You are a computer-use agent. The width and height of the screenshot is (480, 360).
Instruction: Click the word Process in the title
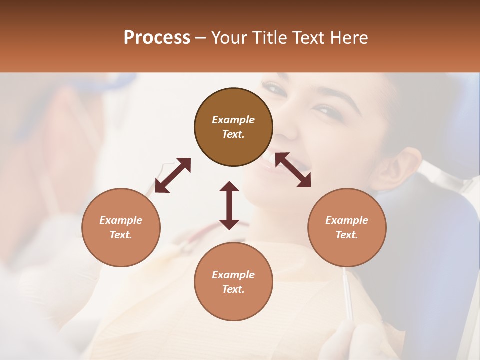coord(157,38)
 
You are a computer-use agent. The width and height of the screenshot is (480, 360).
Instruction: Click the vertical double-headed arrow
coord(229,205)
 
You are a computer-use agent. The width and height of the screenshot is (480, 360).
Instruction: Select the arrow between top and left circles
coord(173,175)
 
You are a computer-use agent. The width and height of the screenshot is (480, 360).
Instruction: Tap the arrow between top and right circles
coord(293,170)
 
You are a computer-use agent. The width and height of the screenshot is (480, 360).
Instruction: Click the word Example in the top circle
coord(233,120)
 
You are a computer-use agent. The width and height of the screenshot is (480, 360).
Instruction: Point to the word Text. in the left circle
coord(121,235)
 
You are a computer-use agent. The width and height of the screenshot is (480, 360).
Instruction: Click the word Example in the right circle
coord(347,220)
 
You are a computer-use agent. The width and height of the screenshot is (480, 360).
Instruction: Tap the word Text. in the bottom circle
coord(233,289)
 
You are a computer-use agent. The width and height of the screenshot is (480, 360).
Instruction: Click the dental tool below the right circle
coord(348,295)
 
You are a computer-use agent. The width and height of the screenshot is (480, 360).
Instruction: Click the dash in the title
coord(200,38)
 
